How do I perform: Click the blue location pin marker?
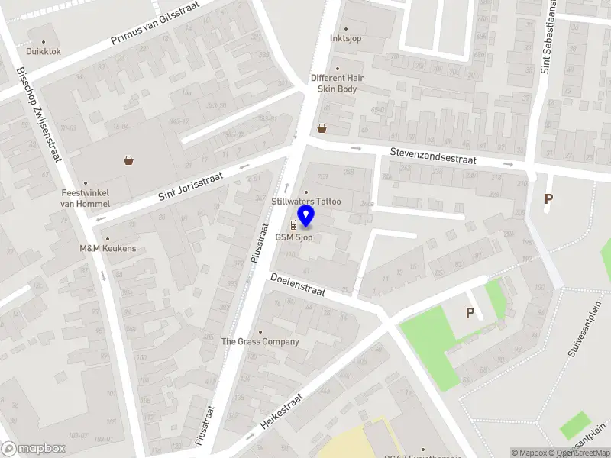[x=306, y=218]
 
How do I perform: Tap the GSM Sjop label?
[x=294, y=237]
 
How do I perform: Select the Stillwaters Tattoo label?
[x=306, y=202]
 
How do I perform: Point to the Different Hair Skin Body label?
[x=337, y=83]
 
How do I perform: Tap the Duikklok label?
[x=43, y=52]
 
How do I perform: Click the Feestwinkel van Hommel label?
[x=86, y=198]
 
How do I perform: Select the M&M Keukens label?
[x=108, y=248]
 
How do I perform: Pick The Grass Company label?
[x=260, y=341]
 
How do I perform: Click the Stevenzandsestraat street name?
[x=433, y=156]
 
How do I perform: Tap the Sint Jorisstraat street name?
[x=190, y=185]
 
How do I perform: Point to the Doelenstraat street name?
[x=297, y=286]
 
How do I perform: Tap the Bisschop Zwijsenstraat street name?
[x=37, y=114]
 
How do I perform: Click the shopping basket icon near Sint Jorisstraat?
[x=129, y=160]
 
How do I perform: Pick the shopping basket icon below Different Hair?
[x=322, y=128]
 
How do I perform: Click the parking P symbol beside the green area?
[x=470, y=312]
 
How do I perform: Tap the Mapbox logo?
[x=33, y=449]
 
